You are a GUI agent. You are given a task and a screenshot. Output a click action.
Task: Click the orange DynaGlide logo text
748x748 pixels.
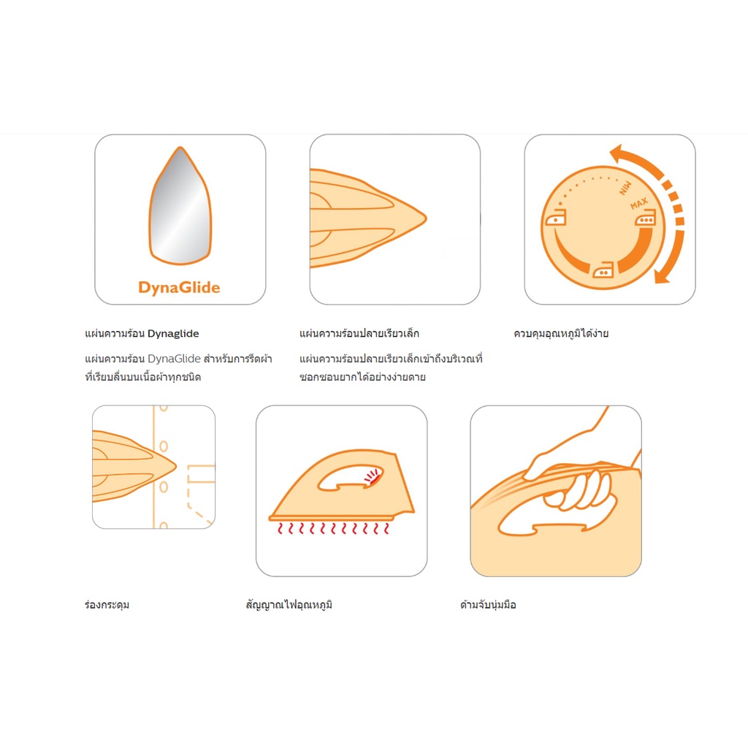(179, 288)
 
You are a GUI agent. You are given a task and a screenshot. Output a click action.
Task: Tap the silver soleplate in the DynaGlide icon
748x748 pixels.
(180, 206)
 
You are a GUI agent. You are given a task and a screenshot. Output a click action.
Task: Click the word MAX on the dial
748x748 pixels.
(638, 204)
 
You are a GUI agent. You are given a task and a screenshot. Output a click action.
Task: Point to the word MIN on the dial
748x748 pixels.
(625, 188)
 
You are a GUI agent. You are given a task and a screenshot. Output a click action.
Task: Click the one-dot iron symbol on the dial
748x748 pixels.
(556, 218)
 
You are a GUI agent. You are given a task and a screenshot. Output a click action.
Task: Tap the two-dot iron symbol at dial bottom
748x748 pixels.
(603, 270)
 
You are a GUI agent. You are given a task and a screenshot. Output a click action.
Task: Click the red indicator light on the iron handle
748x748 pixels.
(373, 476)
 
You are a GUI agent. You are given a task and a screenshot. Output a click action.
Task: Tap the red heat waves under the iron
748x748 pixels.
(333, 528)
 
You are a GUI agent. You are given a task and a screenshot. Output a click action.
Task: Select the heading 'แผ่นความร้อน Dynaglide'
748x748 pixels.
(142, 333)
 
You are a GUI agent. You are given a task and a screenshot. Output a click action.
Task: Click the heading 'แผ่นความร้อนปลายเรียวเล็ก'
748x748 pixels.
(359, 333)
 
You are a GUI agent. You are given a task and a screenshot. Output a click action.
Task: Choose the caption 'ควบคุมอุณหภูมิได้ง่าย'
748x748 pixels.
(561, 333)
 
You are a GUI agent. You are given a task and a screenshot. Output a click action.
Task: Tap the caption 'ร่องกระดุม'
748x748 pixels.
(107, 605)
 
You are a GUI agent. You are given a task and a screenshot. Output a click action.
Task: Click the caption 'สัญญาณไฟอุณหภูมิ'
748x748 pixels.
(289, 605)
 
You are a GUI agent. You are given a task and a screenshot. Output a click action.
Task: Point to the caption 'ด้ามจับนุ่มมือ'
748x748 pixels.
(488, 605)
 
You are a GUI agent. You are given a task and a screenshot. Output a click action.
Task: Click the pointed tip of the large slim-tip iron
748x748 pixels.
(425, 218)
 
